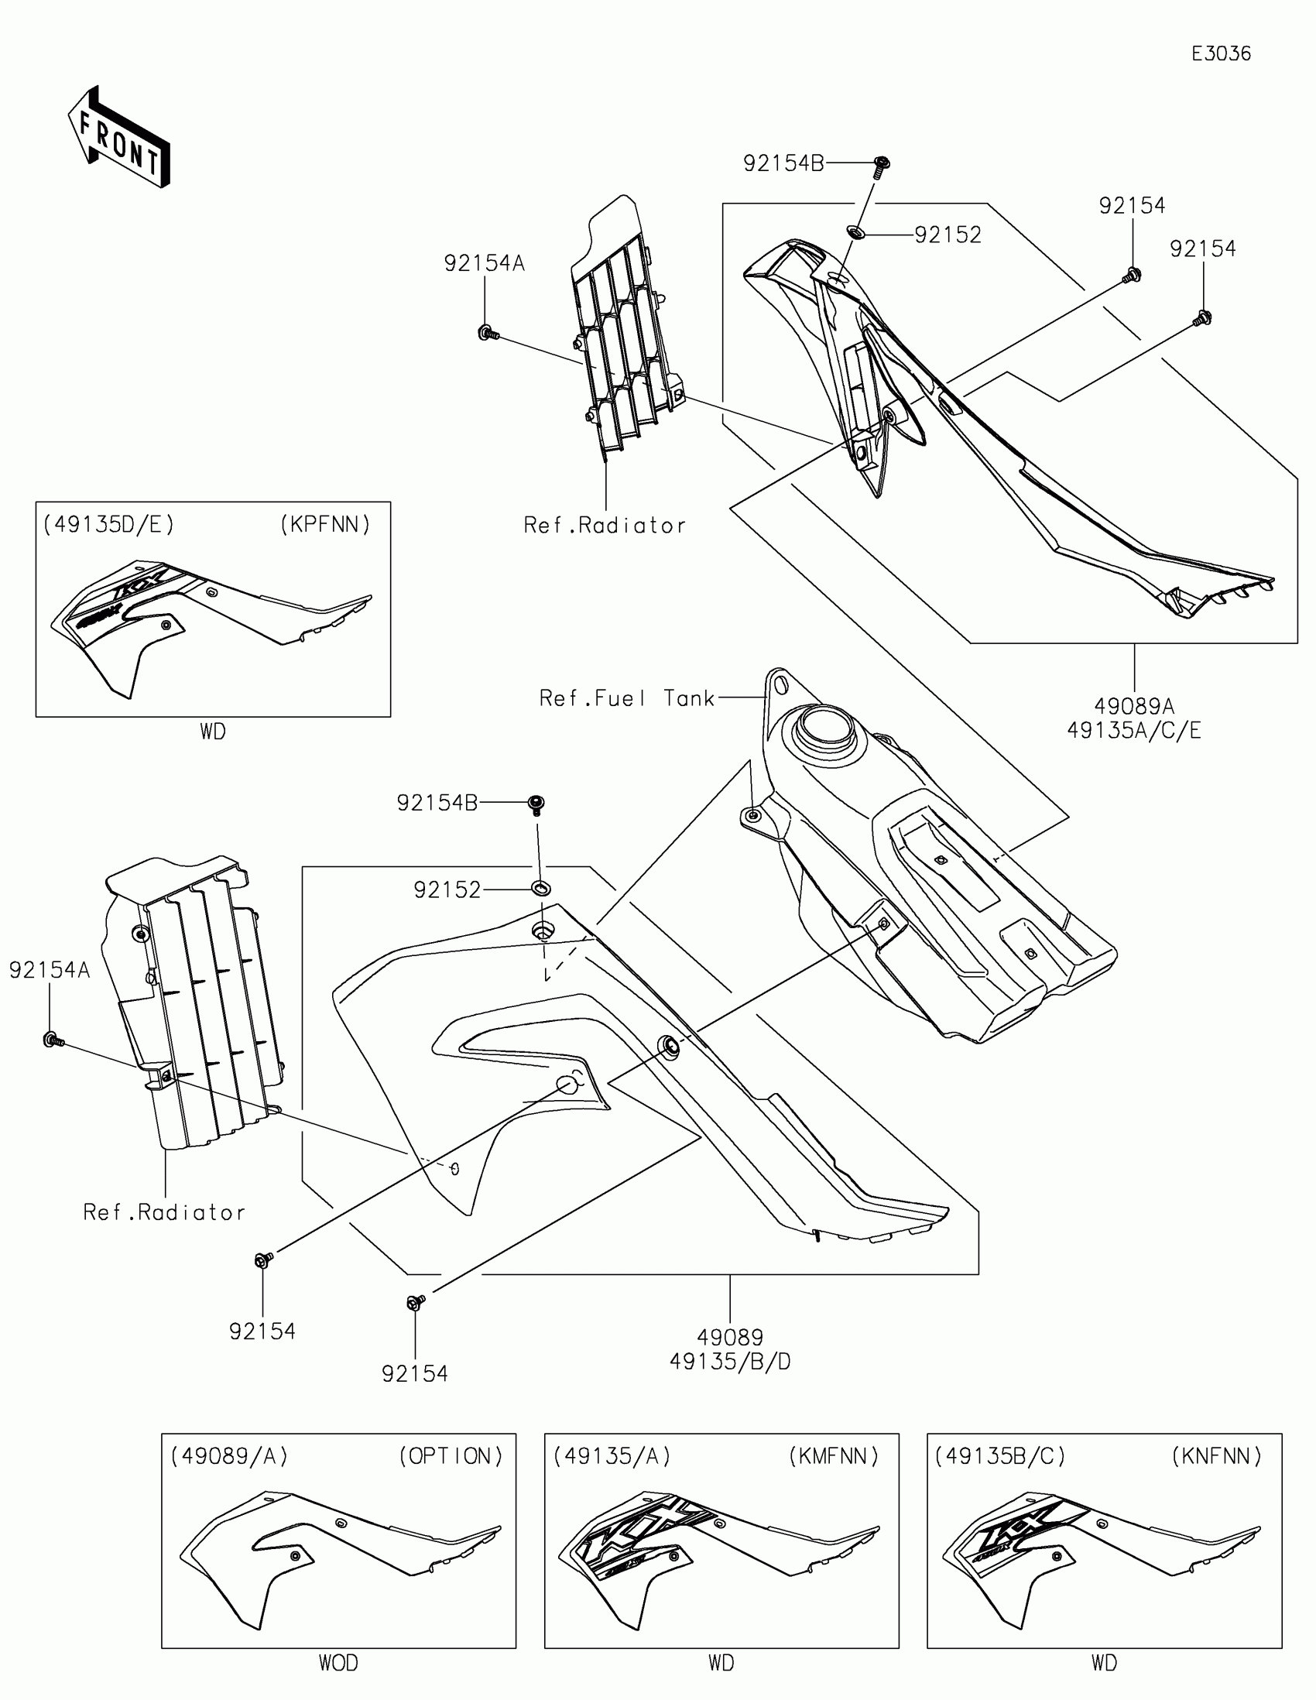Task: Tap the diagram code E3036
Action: coord(1221,53)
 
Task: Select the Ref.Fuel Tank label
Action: coord(626,698)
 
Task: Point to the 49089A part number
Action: coord(1134,706)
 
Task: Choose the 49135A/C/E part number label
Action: coord(1134,730)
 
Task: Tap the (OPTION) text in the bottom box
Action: coord(451,1456)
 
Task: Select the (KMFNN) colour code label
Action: coord(834,1456)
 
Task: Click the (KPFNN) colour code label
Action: coord(325,525)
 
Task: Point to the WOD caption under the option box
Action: coord(338,1664)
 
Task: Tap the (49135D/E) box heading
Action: coord(109,525)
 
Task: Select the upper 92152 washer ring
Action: coord(855,231)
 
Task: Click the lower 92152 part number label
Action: coord(447,889)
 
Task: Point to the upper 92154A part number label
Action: coord(484,264)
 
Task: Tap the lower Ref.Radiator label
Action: coord(164,1213)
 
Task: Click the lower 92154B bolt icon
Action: coord(536,804)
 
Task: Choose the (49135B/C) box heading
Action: coord(1000,1456)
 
